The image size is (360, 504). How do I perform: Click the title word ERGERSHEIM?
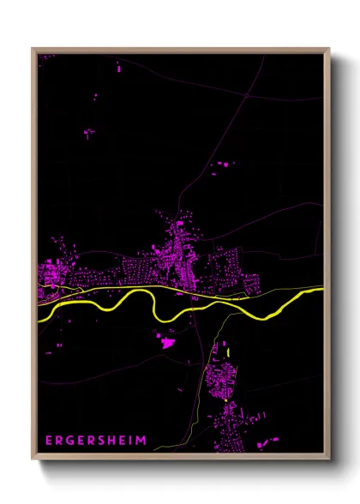pyautogui.click(x=95, y=441)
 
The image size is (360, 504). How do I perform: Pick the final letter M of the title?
pyautogui.click(x=141, y=441)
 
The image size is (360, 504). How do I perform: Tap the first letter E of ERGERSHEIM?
pyautogui.click(x=48, y=441)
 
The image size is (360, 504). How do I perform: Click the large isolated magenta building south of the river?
pyautogui.click(x=166, y=343)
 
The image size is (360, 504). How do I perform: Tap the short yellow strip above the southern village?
pyautogui.click(x=229, y=352)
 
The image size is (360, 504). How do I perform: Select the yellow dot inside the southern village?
pyautogui.click(x=225, y=399)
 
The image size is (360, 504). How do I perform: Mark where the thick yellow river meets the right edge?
pyautogui.click(x=322, y=290)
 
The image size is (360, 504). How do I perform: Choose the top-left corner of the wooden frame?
pyautogui.click(x=33, y=50)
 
